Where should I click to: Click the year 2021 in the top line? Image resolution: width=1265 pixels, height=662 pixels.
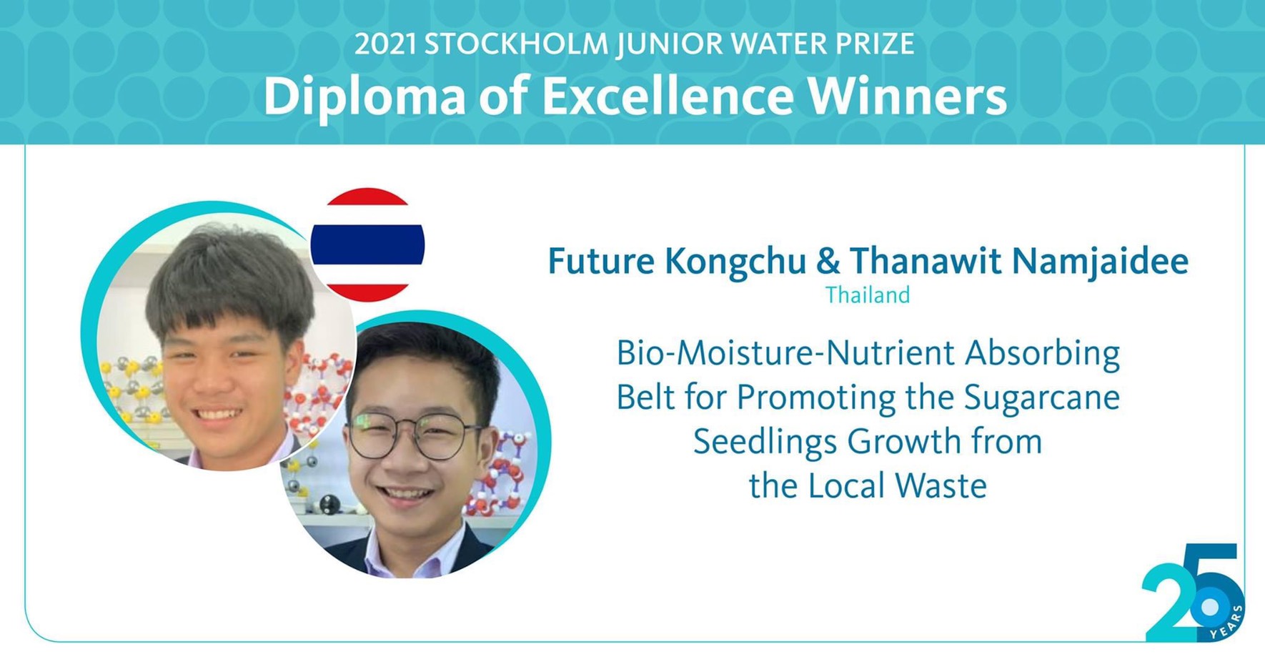click(x=385, y=45)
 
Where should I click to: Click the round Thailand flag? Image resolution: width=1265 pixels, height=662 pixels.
click(x=367, y=244)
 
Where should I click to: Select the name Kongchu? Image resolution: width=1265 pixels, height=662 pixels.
click(x=735, y=262)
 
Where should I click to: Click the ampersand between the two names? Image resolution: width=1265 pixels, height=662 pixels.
click(x=828, y=261)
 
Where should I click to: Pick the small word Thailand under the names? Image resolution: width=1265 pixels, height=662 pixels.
click(x=868, y=295)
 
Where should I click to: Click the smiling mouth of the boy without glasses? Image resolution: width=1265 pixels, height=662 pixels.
click(x=218, y=414)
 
